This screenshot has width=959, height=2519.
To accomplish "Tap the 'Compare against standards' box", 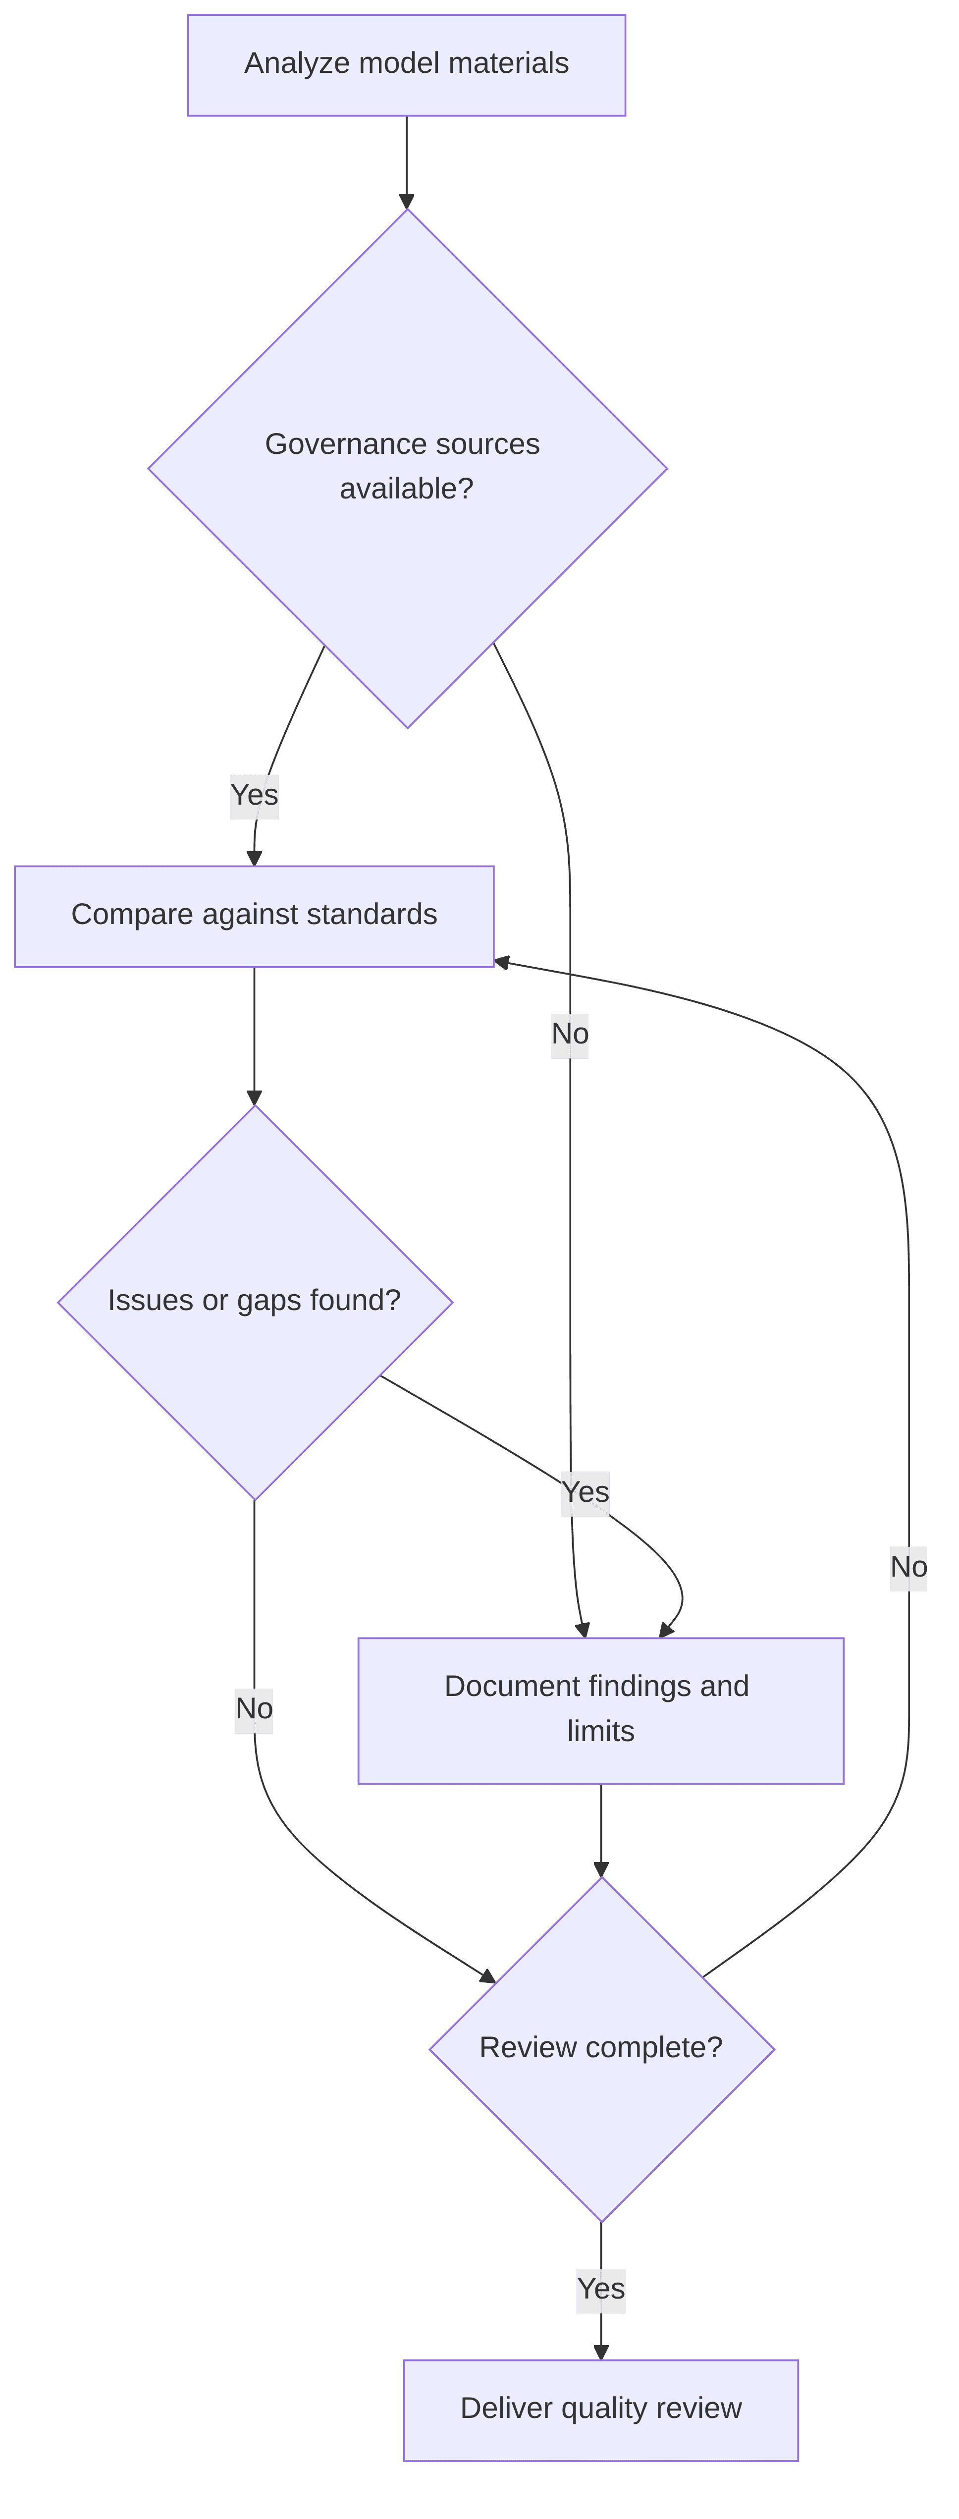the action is pyautogui.click(x=254, y=916).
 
